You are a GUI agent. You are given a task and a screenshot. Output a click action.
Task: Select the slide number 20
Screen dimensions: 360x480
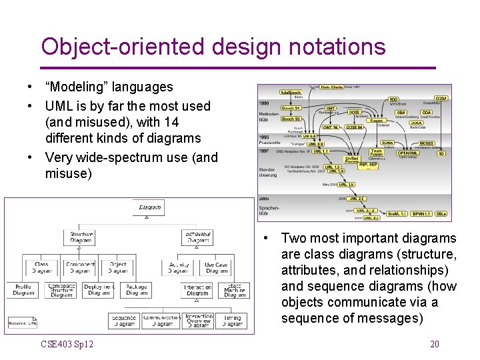pos(434,344)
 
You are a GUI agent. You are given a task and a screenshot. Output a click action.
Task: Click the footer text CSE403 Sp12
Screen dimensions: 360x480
pos(67,344)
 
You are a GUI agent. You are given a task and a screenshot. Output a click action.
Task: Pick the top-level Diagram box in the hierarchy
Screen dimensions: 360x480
pos(149,207)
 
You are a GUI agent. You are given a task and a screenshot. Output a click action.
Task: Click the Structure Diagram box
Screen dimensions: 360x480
pos(80,237)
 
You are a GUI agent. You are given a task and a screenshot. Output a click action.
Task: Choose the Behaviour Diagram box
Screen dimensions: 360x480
pos(197,237)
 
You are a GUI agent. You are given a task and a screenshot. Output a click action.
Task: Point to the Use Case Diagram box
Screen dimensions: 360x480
pos(216,267)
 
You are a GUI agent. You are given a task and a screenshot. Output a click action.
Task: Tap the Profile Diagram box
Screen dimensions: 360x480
pos(23,290)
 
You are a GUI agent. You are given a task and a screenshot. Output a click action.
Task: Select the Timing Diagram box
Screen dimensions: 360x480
pos(233,321)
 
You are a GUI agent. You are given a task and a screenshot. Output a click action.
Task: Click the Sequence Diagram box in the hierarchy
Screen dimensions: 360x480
pos(124,321)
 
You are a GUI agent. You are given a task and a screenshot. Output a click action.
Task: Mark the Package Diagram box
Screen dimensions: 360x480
pos(137,290)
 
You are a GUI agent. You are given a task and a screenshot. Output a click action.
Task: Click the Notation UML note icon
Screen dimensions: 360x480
pos(23,323)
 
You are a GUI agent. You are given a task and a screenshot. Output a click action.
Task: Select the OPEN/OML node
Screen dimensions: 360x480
pos(408,152)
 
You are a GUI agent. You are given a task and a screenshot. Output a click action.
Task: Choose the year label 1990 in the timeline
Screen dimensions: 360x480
pos(264,103)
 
